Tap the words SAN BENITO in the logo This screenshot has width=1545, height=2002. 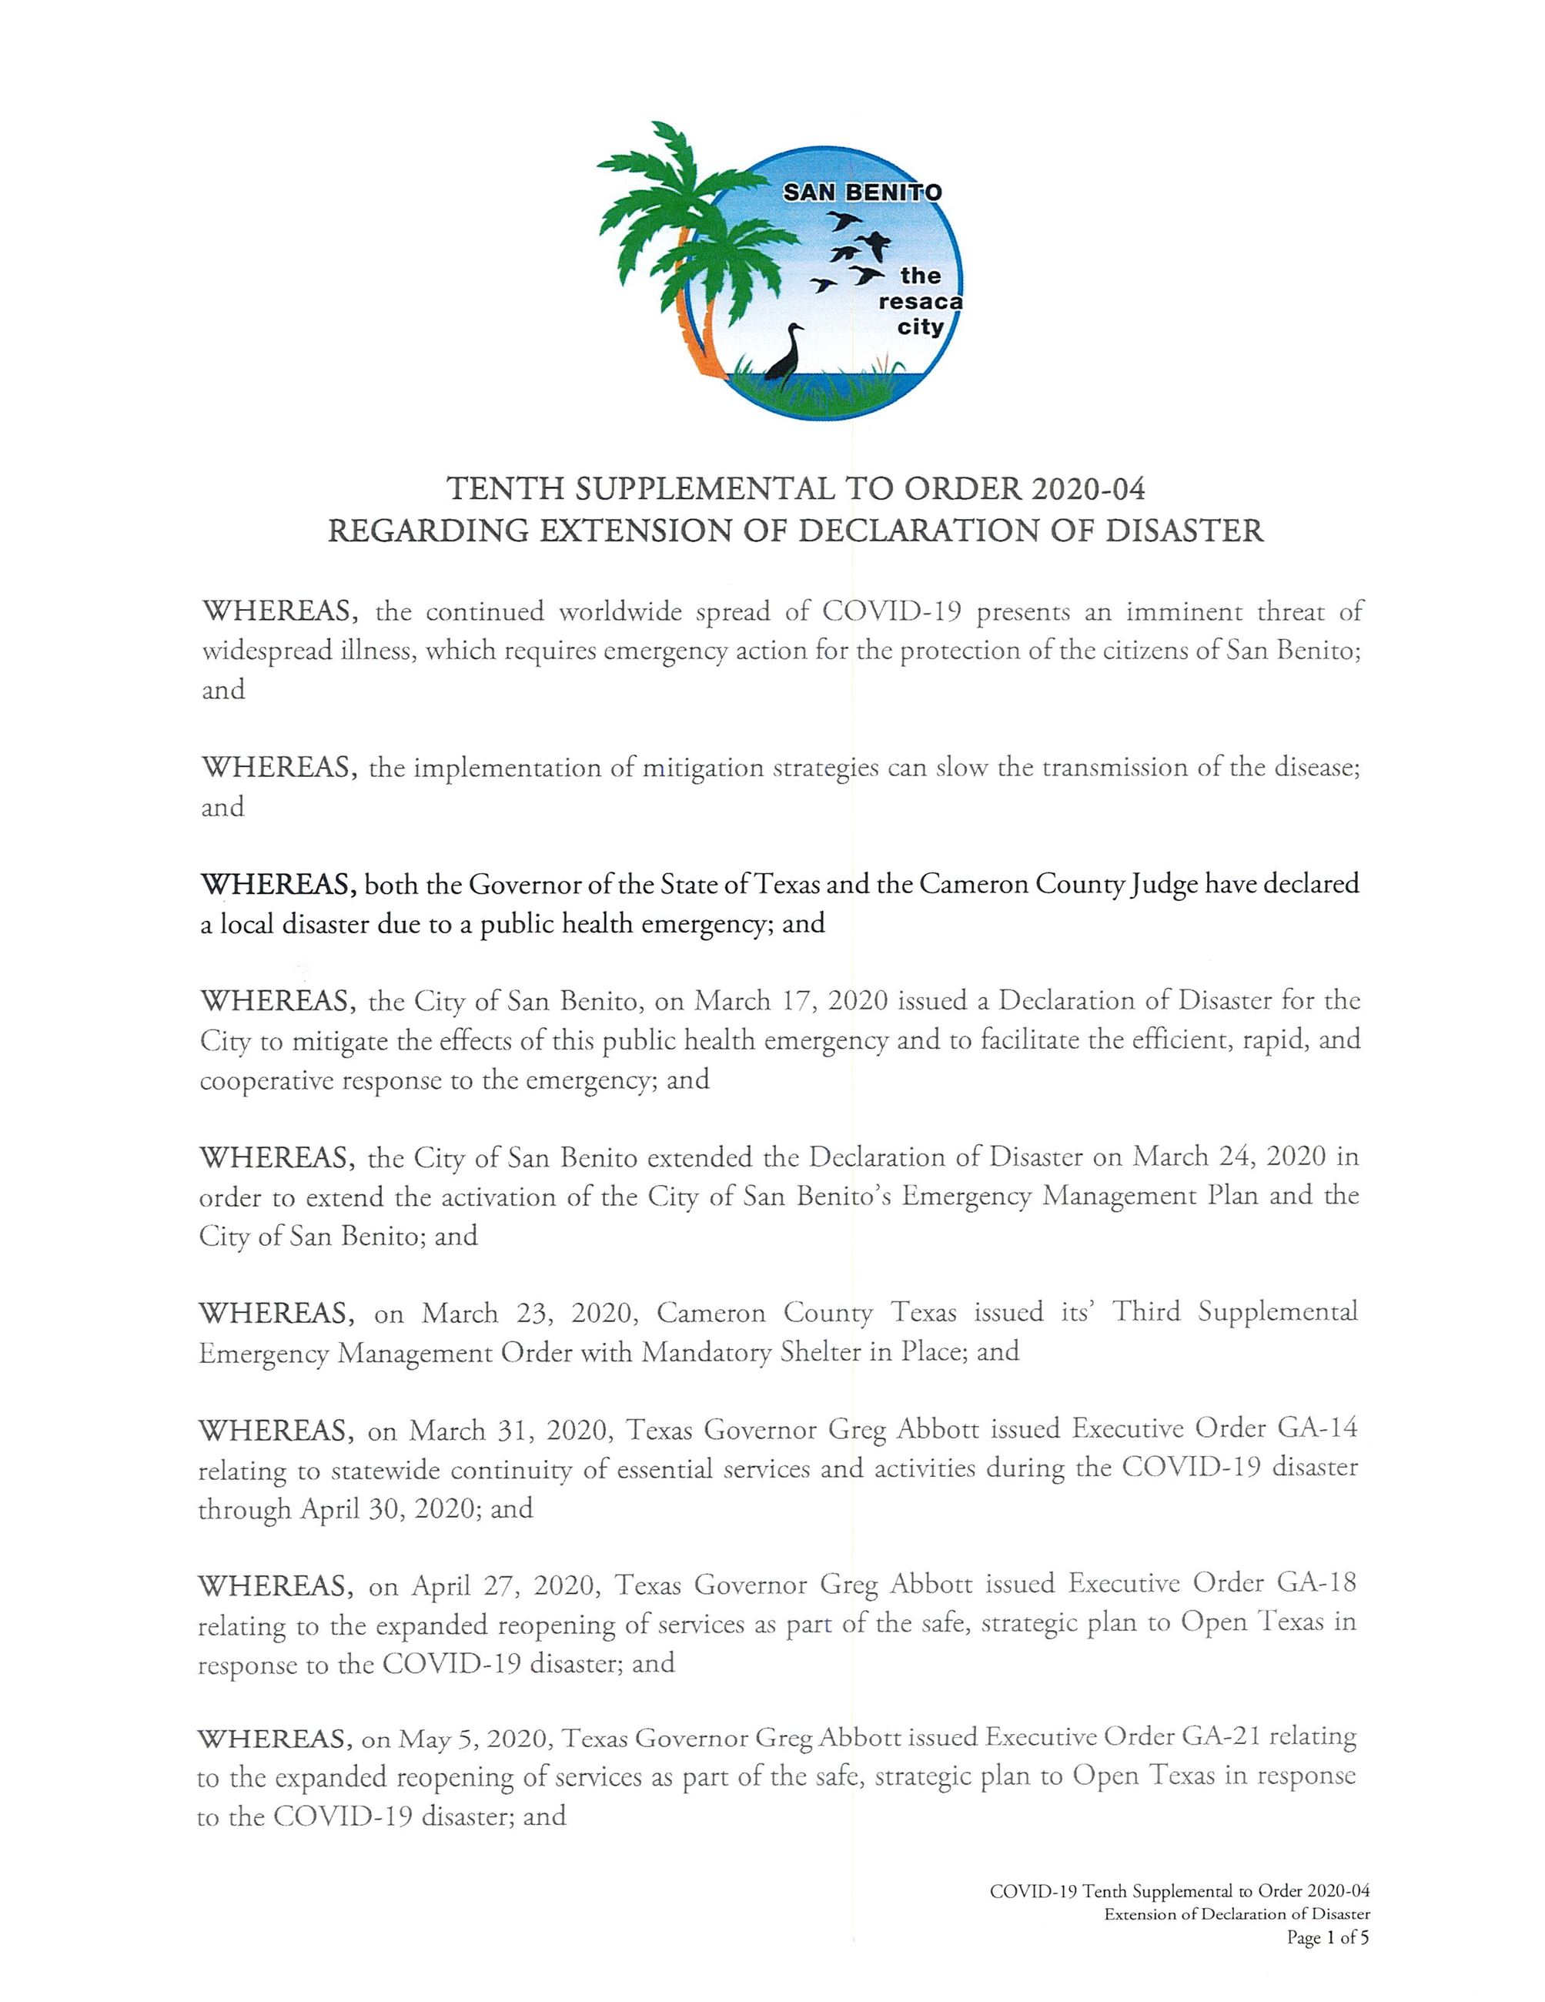click(861, 192)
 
